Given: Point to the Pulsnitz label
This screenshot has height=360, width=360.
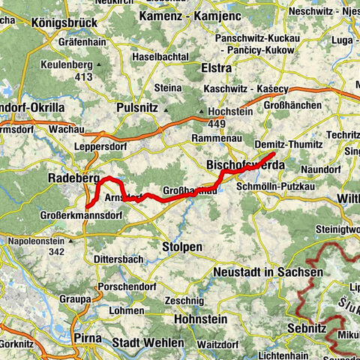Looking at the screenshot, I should tap(138, 108).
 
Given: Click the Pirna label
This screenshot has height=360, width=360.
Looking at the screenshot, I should tap(88, 338).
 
